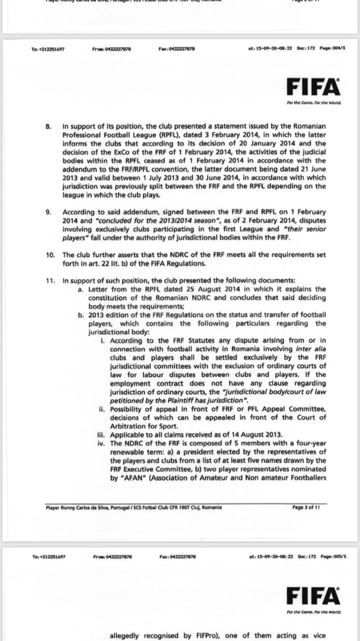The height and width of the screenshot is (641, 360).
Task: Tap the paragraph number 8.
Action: point(48,126)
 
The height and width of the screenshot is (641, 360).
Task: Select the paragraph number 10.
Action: point(50,255)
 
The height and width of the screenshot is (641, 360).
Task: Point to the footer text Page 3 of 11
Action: point(306,507)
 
